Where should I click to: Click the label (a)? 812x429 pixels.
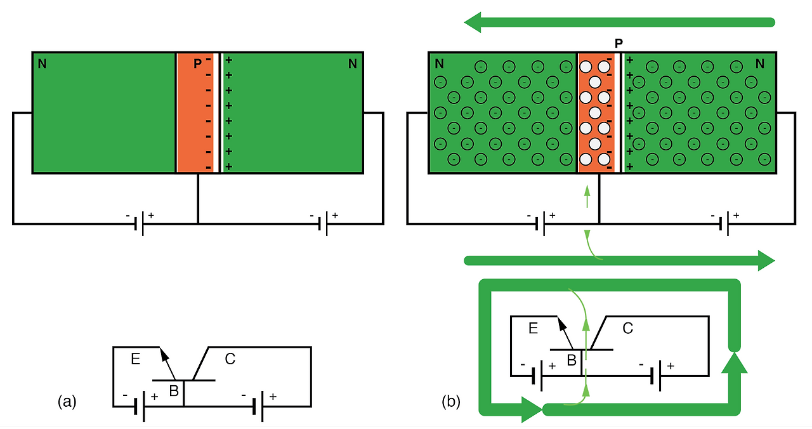pyautogui.click(x=67, y=401)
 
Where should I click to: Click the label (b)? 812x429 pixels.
pyautogui.click(x=451, y=401)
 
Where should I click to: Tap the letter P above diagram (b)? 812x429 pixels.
pyautogui.click(x=619, y=43)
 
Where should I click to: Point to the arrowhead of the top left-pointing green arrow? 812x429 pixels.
pyautogui.click(x=475, y=23)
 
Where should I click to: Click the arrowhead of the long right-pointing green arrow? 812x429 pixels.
pyautogui.click(x=766, y=260)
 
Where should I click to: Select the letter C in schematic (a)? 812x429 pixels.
pyautogui.click(x=230, y=359)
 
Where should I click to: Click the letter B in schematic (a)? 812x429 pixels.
pyautogui.click(x=173, y=391)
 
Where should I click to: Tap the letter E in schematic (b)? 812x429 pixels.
pyautogui.click(x=533, y=328)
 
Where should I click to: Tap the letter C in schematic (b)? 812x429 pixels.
pyautogui.click(x=627, y=328)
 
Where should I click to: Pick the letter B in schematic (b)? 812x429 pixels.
pyautogui.click(x=571, y=360)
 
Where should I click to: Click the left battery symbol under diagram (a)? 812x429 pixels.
pyautogui.click(x=141, y=223)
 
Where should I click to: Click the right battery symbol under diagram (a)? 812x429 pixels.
pyautogui.click(x=325, y=223)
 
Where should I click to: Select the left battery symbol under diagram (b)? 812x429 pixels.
pyautogui.click(x=541, y=223)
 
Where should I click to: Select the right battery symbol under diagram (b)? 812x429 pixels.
pyautogui.click(x=724, y=223)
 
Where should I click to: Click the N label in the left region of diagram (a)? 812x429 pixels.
pyautogui.click(x=42, y=63)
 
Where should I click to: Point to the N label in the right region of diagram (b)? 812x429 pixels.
pyautogui.click(x=760, y=63)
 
